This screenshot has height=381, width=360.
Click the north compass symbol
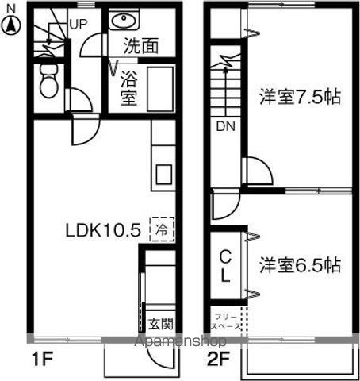click(10, 25)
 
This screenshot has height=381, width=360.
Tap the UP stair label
click(78, 23)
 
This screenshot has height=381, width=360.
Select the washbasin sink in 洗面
click(124, 21)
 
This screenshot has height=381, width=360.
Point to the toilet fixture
click(47, 79)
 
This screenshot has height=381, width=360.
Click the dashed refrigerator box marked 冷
click(162, 229)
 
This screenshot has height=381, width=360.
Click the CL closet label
click(225, 265)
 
